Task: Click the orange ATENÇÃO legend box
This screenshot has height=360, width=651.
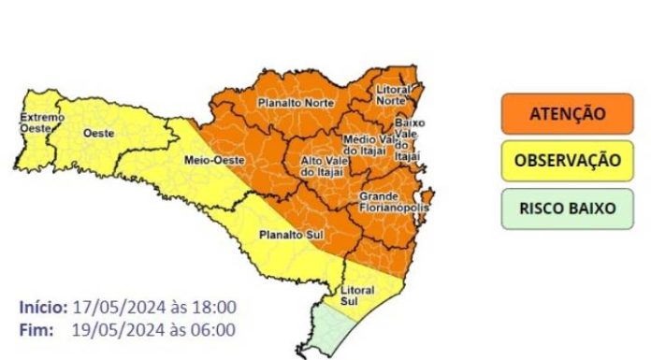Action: [567, 114]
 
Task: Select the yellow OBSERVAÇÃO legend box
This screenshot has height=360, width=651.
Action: [567, 160]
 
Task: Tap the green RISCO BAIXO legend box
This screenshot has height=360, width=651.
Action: [567, 208]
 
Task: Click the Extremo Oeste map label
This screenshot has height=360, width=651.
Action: [42, 122]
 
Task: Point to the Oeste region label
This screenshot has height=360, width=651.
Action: [99, 134]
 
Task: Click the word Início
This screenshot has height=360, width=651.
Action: [43, 307]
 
